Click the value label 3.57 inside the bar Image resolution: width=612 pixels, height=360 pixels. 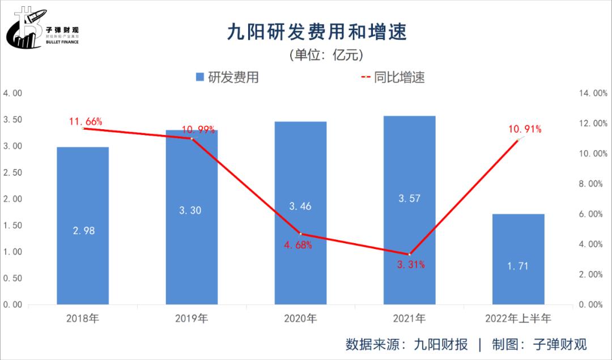click(409, 198)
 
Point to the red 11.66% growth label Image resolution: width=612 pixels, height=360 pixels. click(85, 121)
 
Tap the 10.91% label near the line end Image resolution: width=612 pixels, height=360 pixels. click(524, 129)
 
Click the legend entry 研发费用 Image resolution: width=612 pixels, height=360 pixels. click(227, 78)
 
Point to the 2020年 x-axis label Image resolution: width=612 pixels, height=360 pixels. click(300, 319)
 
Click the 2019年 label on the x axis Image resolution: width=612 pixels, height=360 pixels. click(192, 319)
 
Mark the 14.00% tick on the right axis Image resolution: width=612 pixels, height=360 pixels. click(592, 94)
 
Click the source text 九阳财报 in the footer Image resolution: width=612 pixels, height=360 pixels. click(441, 344)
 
